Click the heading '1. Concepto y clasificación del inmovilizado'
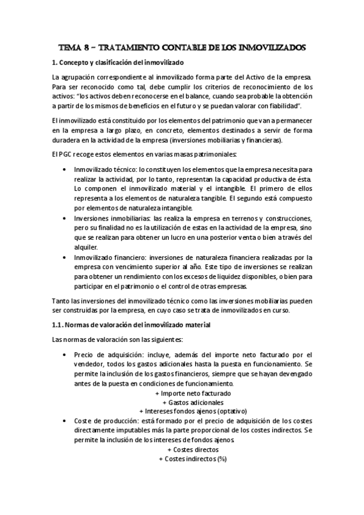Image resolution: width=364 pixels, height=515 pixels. point(119,64)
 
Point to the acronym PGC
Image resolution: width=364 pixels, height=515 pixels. point(69,154)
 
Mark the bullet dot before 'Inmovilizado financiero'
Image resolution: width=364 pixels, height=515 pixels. point(64,257)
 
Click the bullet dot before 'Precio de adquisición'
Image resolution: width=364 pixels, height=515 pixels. point(64,355)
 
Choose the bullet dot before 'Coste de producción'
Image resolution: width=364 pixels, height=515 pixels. point(64,421)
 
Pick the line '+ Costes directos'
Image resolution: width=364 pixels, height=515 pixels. point(193,450)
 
